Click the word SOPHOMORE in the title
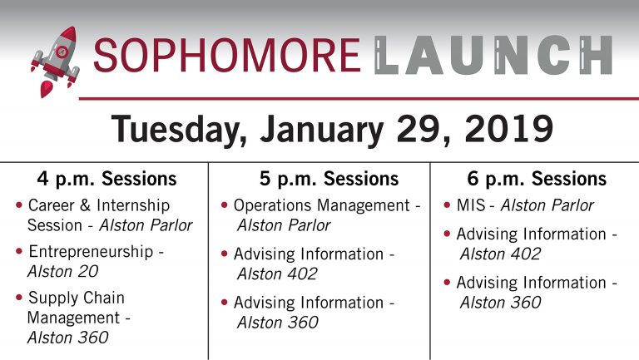point(227,55)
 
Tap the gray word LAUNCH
point(493,55)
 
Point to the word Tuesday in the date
point(179,130)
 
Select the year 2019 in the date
point(508,128)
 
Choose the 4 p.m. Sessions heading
point(106,179)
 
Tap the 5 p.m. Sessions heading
point(329,179)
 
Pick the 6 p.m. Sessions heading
point(537,179)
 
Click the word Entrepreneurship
point(91,252)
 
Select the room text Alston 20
point(62,271)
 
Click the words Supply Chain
point(77,298)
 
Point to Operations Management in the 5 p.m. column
point(322,205)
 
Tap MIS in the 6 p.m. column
point(471,205)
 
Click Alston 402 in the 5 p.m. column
point(277,274)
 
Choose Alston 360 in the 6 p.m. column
point(500,303)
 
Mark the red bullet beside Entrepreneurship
point(19,251)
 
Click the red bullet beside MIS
point(447,205)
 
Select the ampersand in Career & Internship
point(85,205)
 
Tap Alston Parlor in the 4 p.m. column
point(146,225)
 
